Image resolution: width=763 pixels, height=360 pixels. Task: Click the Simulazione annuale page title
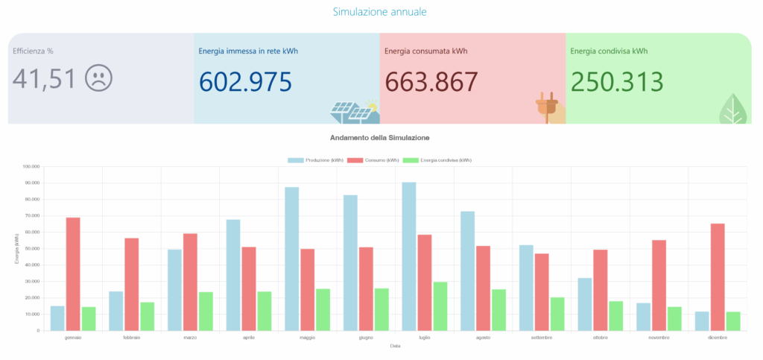click(x=379, y=12)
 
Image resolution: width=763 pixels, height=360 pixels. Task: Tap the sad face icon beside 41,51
click(x=98, y=78)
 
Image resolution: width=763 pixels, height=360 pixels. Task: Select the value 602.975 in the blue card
click(x=245, y=80)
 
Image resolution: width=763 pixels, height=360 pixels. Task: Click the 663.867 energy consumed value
click(x=431, y=80)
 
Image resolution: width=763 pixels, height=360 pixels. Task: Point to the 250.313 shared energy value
click(x=616, y=80)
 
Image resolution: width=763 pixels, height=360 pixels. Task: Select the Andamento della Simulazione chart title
click(x=379, y=138)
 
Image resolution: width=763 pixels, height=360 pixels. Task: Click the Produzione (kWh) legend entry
click(x=315, y=160)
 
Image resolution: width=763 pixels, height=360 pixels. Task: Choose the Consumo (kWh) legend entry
click(x=373, y=160)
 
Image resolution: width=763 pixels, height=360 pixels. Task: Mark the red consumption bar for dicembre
click(x=717, y=277)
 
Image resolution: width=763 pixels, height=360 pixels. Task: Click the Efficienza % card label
click(x=33, y=51)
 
